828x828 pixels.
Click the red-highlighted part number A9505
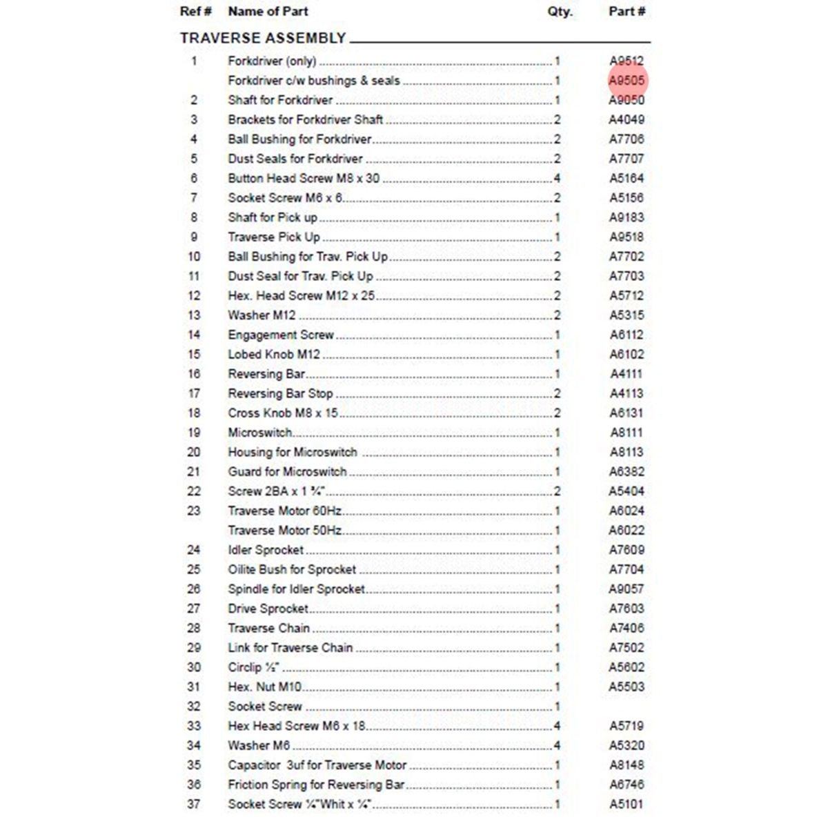(627, 81)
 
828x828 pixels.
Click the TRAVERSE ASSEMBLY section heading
(263, 39)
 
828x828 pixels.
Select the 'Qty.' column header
(560, 12)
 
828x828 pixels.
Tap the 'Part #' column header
(627, 12)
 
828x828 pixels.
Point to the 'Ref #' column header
(195, 12)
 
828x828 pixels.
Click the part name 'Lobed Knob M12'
(274, 355)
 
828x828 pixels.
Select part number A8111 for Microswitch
(627, 433)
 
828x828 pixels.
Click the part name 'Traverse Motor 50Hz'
(284, 531)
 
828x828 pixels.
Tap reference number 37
(194, 805)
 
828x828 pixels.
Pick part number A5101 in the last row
(627, 805)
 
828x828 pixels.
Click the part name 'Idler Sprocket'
(266, 551)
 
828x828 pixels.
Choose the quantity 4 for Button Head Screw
(557, 179)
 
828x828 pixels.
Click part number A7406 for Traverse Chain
(627, 629)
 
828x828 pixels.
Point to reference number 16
(194, 374)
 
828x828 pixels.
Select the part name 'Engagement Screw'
(281, 335)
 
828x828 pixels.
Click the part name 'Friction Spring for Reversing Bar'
(316, 785)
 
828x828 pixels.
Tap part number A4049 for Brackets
(627, 120)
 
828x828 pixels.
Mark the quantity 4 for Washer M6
(557, 746)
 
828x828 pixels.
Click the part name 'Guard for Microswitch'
(287, 472)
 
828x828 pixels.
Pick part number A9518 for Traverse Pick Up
(627, 237)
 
